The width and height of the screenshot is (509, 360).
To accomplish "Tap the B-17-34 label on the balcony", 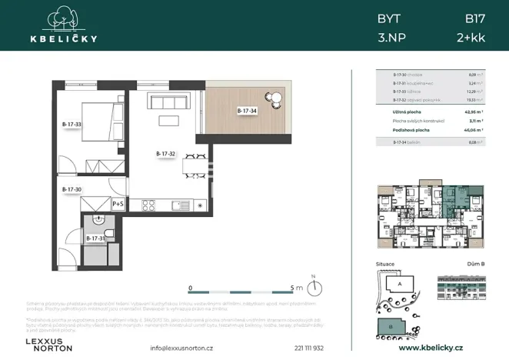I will pyautogui.click(x=248, y=111).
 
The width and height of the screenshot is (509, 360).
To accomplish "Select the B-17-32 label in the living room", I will pyautogui.click(x=166, y=154).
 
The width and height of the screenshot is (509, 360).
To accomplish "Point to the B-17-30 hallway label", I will pyautogui.click(x=72, y=188).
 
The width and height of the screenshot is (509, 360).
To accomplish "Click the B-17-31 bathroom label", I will pyautogui.click(x=95, y=238).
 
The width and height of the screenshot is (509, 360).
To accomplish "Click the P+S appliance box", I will pyautogui.click(x=118, y=204).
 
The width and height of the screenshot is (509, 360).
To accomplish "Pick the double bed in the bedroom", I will pyautogui.click(x=99, y=122).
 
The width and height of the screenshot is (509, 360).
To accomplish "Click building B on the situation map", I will pyautogui.click(x=392, y=326).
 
